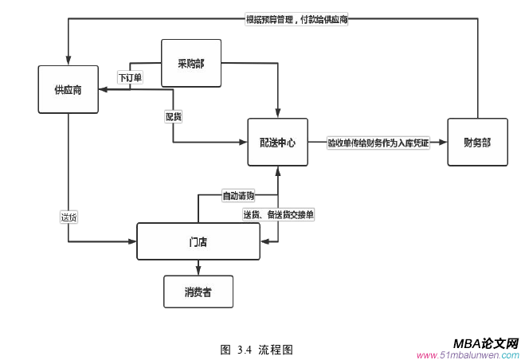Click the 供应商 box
pos(69,89)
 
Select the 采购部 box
pos(191,63)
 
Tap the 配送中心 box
pos(277,143)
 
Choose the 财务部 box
pos(476,143)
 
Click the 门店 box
pos(198,241)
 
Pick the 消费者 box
pos(198,292)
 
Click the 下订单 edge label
pos(130,78)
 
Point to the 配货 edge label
pos(173,116)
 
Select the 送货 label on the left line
pos(69,216)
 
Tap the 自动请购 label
pos(238,195)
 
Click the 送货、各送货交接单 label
pos(278,214)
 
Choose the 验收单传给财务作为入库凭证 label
pos(378,143)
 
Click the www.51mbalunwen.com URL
pos(468,354)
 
